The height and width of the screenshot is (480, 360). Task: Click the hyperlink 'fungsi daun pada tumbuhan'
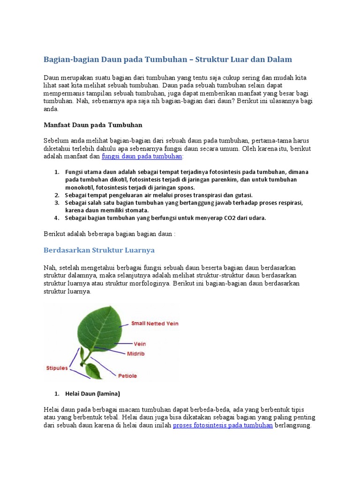tap(142, 157)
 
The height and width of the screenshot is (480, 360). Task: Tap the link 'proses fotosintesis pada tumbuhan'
tap(223, 426)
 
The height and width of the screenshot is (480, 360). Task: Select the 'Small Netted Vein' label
tap(155, 323)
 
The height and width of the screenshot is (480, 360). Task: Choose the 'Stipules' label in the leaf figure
tap(57, 368)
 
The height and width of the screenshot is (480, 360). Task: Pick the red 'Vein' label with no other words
tap(140, 344)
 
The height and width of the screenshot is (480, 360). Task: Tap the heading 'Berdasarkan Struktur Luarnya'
tap(99, 250)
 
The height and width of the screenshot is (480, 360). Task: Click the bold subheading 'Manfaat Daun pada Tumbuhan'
tap(92, 125)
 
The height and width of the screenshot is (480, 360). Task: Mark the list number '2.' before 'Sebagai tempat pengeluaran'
tap(57, 195)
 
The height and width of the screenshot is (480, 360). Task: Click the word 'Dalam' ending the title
tap(280, 60)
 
